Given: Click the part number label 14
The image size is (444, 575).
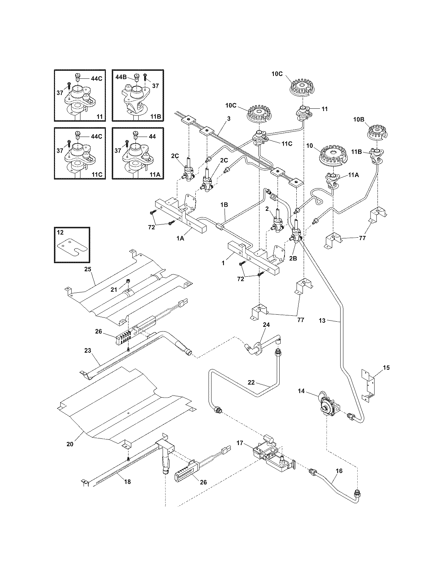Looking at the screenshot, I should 301,391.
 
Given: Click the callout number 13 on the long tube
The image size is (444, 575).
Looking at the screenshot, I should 322,320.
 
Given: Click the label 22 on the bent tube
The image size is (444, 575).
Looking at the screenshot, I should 251,382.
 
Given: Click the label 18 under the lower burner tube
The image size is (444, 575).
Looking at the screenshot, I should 127,482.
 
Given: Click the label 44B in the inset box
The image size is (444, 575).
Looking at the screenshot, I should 121,76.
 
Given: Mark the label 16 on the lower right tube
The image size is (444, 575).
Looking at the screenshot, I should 339,470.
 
